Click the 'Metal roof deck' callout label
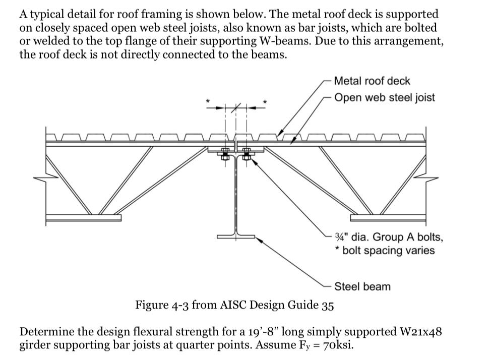click(372, 81)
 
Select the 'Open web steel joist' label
click(384, 97)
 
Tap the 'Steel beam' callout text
click(362, 286)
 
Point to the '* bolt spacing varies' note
click(385, 250)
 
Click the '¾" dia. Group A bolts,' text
click(389, 236)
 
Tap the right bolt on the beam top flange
click(247, 153)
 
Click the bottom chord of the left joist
click(83, 218)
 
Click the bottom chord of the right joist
click(389, 218)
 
